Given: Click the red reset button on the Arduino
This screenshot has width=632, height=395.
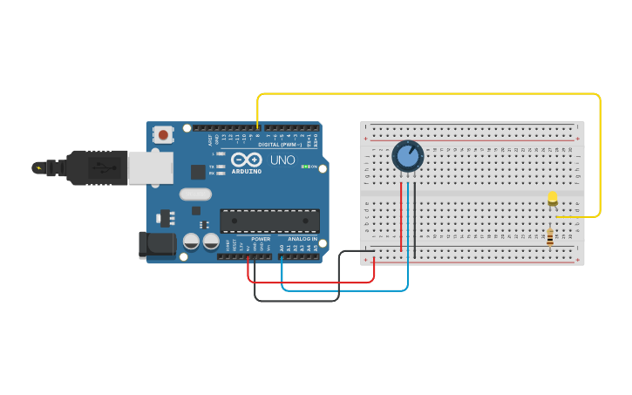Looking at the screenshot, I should point(162,134).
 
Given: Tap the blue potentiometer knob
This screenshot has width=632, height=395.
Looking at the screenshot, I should point(407,156).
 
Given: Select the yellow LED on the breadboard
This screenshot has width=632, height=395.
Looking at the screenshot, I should point(553,199).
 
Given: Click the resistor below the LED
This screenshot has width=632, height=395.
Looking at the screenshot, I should point(549,236).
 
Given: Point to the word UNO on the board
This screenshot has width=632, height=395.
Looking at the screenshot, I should point(282,160).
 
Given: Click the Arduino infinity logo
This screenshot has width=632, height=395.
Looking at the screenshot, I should point(247,160).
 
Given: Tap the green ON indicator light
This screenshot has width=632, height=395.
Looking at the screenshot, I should point(304,166).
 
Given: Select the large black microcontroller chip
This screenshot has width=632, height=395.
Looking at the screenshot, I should point(269,221).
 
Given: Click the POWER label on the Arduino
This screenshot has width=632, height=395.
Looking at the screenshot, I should point(261,239).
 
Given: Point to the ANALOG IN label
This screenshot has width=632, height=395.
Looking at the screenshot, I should point(302,239).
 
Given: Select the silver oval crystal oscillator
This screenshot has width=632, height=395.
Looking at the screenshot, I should point(196,194).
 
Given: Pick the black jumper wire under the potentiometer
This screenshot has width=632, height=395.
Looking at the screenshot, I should point(415,218).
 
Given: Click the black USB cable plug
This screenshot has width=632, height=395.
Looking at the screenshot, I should point(96,167).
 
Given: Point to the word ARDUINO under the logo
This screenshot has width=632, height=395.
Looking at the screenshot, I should point(247,171).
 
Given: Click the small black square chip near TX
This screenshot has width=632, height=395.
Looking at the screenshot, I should point(199,172).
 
